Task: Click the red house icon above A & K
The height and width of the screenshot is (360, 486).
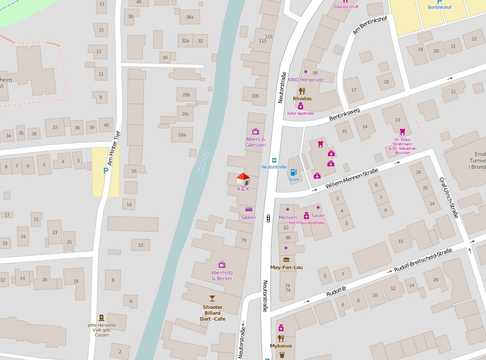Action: point(243,179)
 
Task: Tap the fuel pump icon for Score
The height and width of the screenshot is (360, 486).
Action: point(293,172)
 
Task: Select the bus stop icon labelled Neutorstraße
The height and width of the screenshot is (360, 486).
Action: point(274,160)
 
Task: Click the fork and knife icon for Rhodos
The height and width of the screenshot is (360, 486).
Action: point(302,91)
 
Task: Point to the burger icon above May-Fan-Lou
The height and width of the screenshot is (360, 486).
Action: point(286,260)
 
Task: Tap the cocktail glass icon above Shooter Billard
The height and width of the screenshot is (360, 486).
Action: point(212,299)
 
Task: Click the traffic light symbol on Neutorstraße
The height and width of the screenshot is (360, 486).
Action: point(268,219)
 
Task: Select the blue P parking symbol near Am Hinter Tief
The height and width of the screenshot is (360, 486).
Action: point(105,171)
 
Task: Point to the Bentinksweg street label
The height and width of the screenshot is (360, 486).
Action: point(344,115)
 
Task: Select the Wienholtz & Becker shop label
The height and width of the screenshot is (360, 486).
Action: point(222,275)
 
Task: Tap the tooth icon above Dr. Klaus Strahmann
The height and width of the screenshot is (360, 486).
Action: point(403,132)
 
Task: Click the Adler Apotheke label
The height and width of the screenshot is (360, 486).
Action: point(301,113)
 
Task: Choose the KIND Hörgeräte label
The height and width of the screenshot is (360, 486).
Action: point(305,79)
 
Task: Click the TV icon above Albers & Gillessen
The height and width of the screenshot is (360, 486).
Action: point(255,131)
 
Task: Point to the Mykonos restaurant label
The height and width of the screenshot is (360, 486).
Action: point(281,346)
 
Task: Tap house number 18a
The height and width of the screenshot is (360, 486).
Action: point(182,135)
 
